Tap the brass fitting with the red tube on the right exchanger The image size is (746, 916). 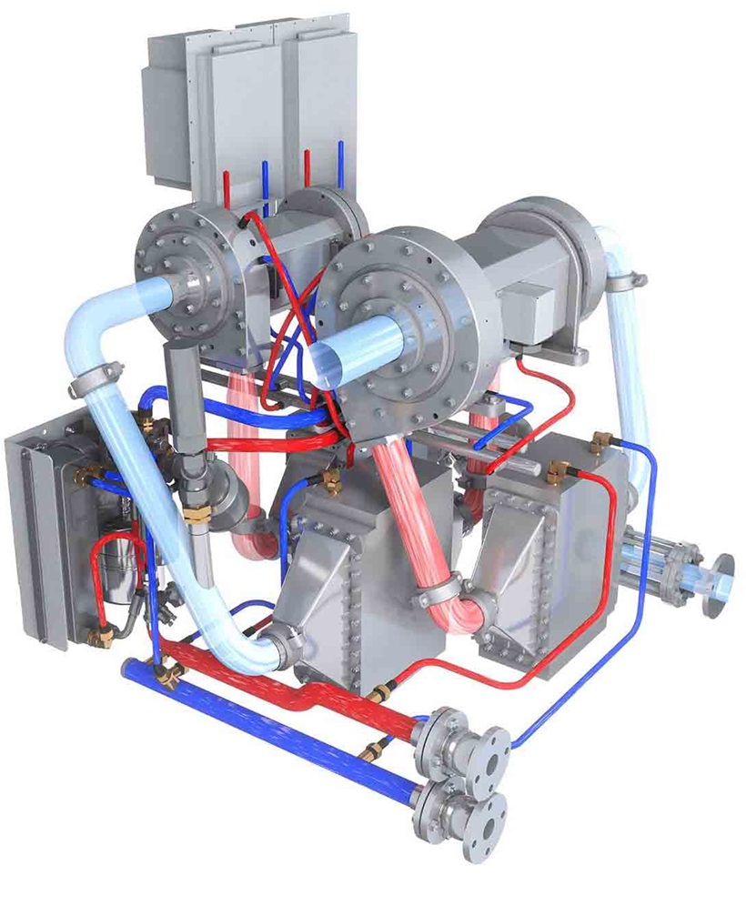557,470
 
